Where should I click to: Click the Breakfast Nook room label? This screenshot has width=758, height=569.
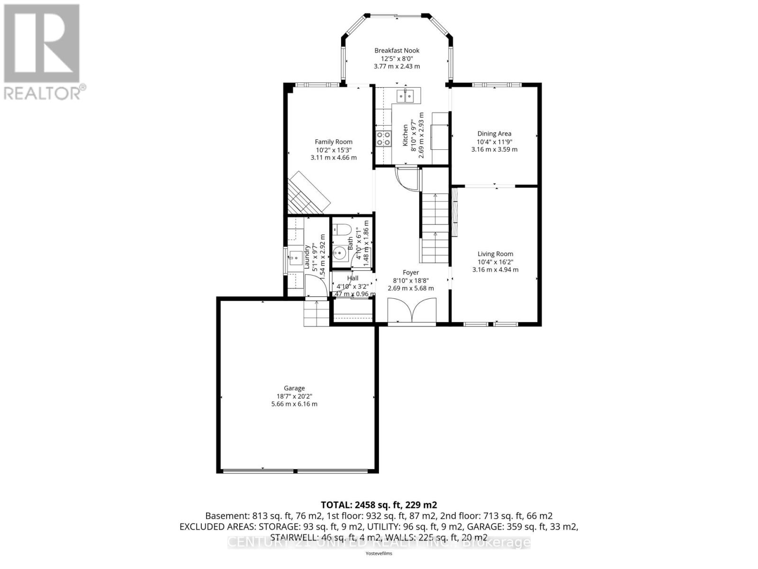click(x=397, y=50)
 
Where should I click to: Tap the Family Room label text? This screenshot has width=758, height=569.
click(x=334, y=141)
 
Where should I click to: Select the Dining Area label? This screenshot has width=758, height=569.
click(x=494, y=134)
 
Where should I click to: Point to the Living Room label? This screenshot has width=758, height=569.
click(x=495, y=254)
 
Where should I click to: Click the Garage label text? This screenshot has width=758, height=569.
click(x=294, y=388)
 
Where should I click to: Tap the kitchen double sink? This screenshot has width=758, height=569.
click(x=405, y=96)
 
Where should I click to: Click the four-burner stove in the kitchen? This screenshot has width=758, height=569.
click(x=383, y=138)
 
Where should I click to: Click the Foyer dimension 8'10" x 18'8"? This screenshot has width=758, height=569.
click(x=411, y=280)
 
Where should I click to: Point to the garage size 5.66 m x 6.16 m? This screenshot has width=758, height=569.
click(x=294, y=404)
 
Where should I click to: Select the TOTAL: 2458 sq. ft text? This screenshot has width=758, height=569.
click(x=379, y=505)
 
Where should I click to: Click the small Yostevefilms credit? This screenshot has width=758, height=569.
click(x=379, y=553)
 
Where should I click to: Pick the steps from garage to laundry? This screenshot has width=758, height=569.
click(x=316, y=313)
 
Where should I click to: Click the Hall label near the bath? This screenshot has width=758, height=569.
click(x=352, y=278)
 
